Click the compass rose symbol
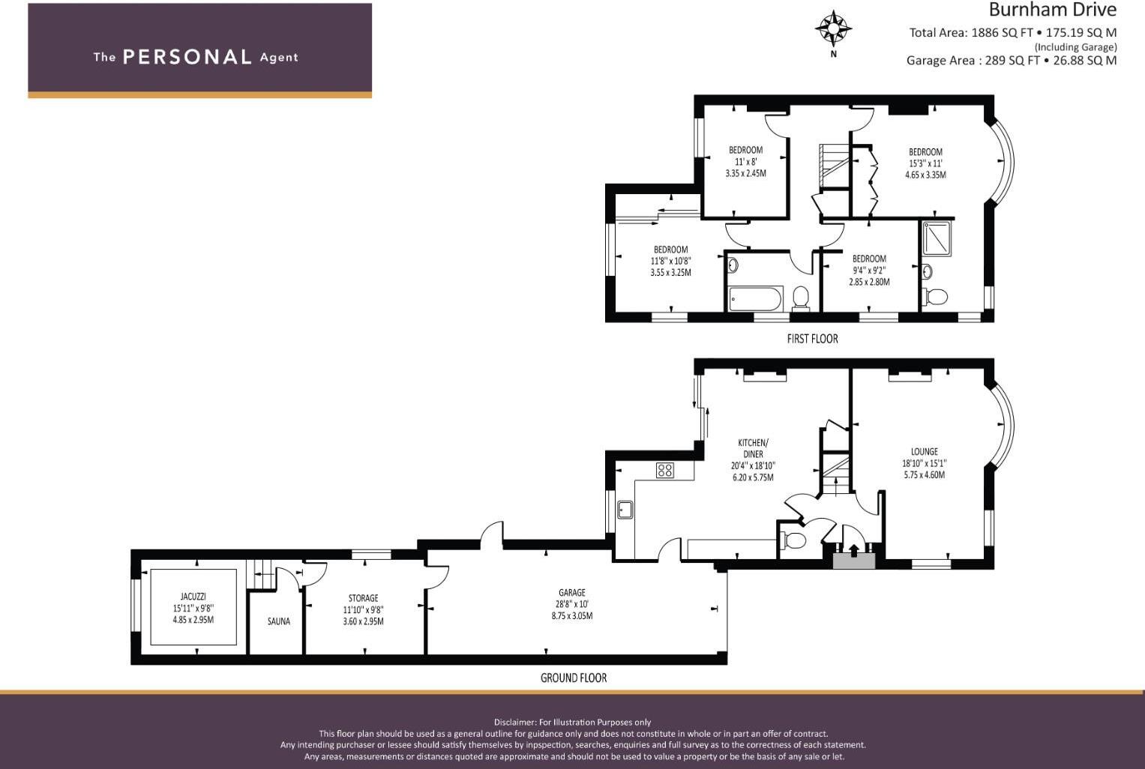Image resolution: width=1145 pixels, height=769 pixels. (833, 30)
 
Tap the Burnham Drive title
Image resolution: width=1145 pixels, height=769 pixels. (1052, 10)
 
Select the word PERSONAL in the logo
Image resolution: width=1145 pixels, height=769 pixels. (187, 57)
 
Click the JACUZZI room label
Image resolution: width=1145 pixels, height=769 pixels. (193, 597)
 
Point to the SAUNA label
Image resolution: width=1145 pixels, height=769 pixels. (279, 621)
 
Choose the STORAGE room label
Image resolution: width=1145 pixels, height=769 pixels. (363, 598)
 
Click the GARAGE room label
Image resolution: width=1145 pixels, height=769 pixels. (572, 593)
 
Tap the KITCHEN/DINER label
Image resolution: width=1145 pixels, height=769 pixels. (753, 448)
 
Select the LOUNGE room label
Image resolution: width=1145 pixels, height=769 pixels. (924, 452)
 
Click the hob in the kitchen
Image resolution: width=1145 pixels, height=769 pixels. (664, 471)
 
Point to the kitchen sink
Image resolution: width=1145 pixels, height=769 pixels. (625, 510)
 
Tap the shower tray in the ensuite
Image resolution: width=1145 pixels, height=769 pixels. (937, 238)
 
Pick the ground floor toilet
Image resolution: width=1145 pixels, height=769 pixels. (793, 540)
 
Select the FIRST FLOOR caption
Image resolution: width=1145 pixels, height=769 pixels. (812, 339)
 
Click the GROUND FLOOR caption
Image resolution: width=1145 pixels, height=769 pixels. (574, 678)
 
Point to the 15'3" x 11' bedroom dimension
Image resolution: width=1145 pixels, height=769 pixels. (925, 163)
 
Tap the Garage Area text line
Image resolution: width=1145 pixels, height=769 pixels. (1011, 61)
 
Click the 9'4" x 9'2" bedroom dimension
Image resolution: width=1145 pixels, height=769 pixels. (869, 271)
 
